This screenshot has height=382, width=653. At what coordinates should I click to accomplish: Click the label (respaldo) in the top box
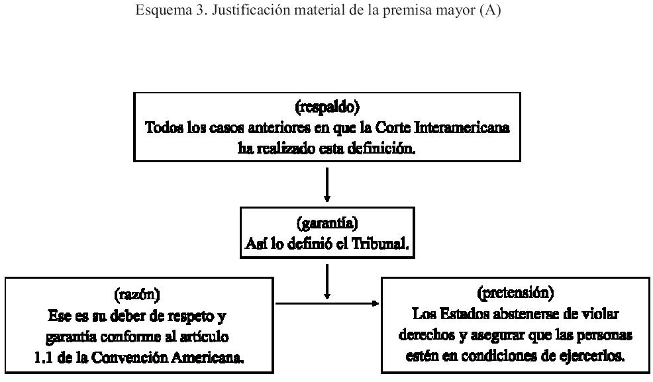[326, 108]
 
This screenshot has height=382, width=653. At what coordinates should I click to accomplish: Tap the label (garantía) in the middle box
[326, 223]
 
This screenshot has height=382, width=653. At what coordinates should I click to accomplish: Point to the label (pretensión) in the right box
[515, 292]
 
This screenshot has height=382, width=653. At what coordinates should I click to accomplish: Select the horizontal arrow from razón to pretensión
[327, 304]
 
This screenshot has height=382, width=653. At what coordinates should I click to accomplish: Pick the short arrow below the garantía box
[327, 281]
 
